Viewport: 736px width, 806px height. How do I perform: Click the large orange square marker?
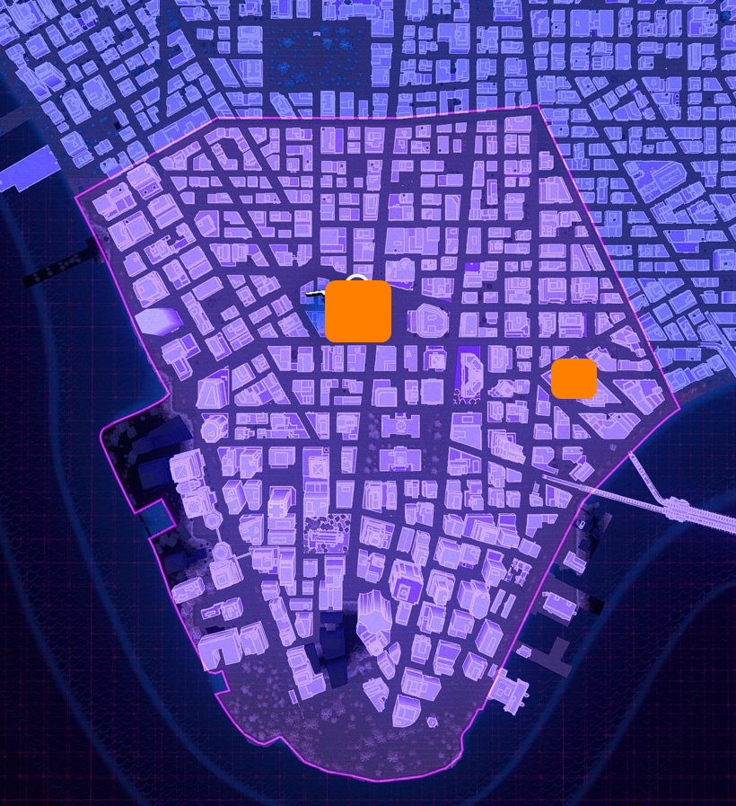point(358,311)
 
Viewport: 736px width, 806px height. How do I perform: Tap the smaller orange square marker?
point(574,378)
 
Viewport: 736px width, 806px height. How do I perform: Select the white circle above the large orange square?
point(357,279)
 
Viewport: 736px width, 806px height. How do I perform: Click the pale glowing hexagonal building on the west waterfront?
point(159,321)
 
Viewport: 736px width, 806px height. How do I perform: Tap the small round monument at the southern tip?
point(433,722)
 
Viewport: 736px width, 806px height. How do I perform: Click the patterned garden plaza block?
point(326,534)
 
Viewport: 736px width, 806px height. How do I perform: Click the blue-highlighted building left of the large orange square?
point(315,314)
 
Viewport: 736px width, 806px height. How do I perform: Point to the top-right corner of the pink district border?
point(539,106)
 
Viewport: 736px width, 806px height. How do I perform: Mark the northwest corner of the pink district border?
point(75,197)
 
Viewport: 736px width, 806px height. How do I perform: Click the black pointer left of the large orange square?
point(312,293)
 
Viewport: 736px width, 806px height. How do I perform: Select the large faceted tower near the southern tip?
point(373,620)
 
